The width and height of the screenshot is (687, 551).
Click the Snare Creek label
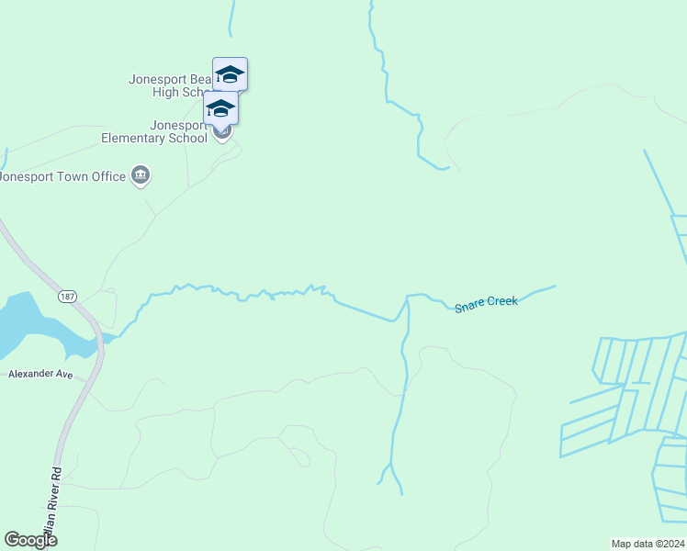[486, 302]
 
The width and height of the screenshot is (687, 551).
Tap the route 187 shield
[66, 297]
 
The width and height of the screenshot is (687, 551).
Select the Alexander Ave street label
[40, 375]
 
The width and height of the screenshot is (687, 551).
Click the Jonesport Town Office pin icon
[141, 175]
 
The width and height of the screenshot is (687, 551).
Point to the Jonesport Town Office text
[62, 176]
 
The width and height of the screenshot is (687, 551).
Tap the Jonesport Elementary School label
[154, 132]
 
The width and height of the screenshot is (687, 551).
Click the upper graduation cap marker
[230, 74]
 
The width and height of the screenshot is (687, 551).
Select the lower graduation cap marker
[220, 107]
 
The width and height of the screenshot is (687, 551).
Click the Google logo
[30, 540]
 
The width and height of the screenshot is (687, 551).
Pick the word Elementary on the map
[139, 139]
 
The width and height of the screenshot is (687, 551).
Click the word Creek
[502, 301]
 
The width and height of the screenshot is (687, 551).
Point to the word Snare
[469, 304]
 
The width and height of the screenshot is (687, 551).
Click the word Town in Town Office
[72, 176]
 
